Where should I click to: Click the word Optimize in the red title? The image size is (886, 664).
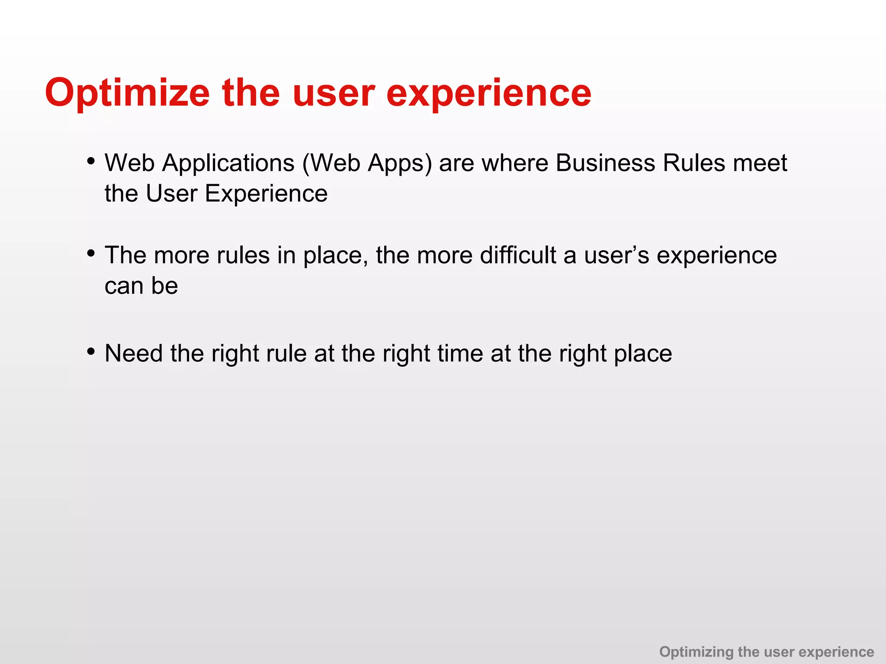127,93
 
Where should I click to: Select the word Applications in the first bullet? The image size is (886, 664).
228,163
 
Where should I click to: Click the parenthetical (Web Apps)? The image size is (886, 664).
367,163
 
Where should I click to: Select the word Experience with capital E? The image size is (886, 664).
266,194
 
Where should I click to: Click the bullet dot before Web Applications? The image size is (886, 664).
90,161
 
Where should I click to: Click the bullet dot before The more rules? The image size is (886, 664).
90,253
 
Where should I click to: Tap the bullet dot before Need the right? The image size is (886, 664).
90,351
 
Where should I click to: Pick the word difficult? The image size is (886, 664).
518,255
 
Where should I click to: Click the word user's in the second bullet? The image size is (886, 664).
616,255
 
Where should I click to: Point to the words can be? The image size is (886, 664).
141,286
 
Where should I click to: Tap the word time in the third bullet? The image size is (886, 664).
460,354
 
